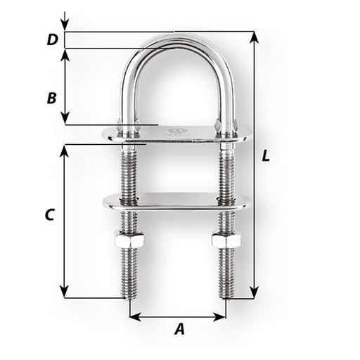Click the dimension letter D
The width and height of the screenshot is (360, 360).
point(51,40)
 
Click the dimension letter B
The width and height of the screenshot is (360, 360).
point(51,98)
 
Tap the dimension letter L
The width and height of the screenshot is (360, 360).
point(265,156)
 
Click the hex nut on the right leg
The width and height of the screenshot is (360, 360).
point(226,240)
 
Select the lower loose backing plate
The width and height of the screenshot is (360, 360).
point(176,201)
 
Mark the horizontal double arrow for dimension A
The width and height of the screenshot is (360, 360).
point(178,316)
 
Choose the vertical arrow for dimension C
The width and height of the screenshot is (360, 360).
point(65,221)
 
